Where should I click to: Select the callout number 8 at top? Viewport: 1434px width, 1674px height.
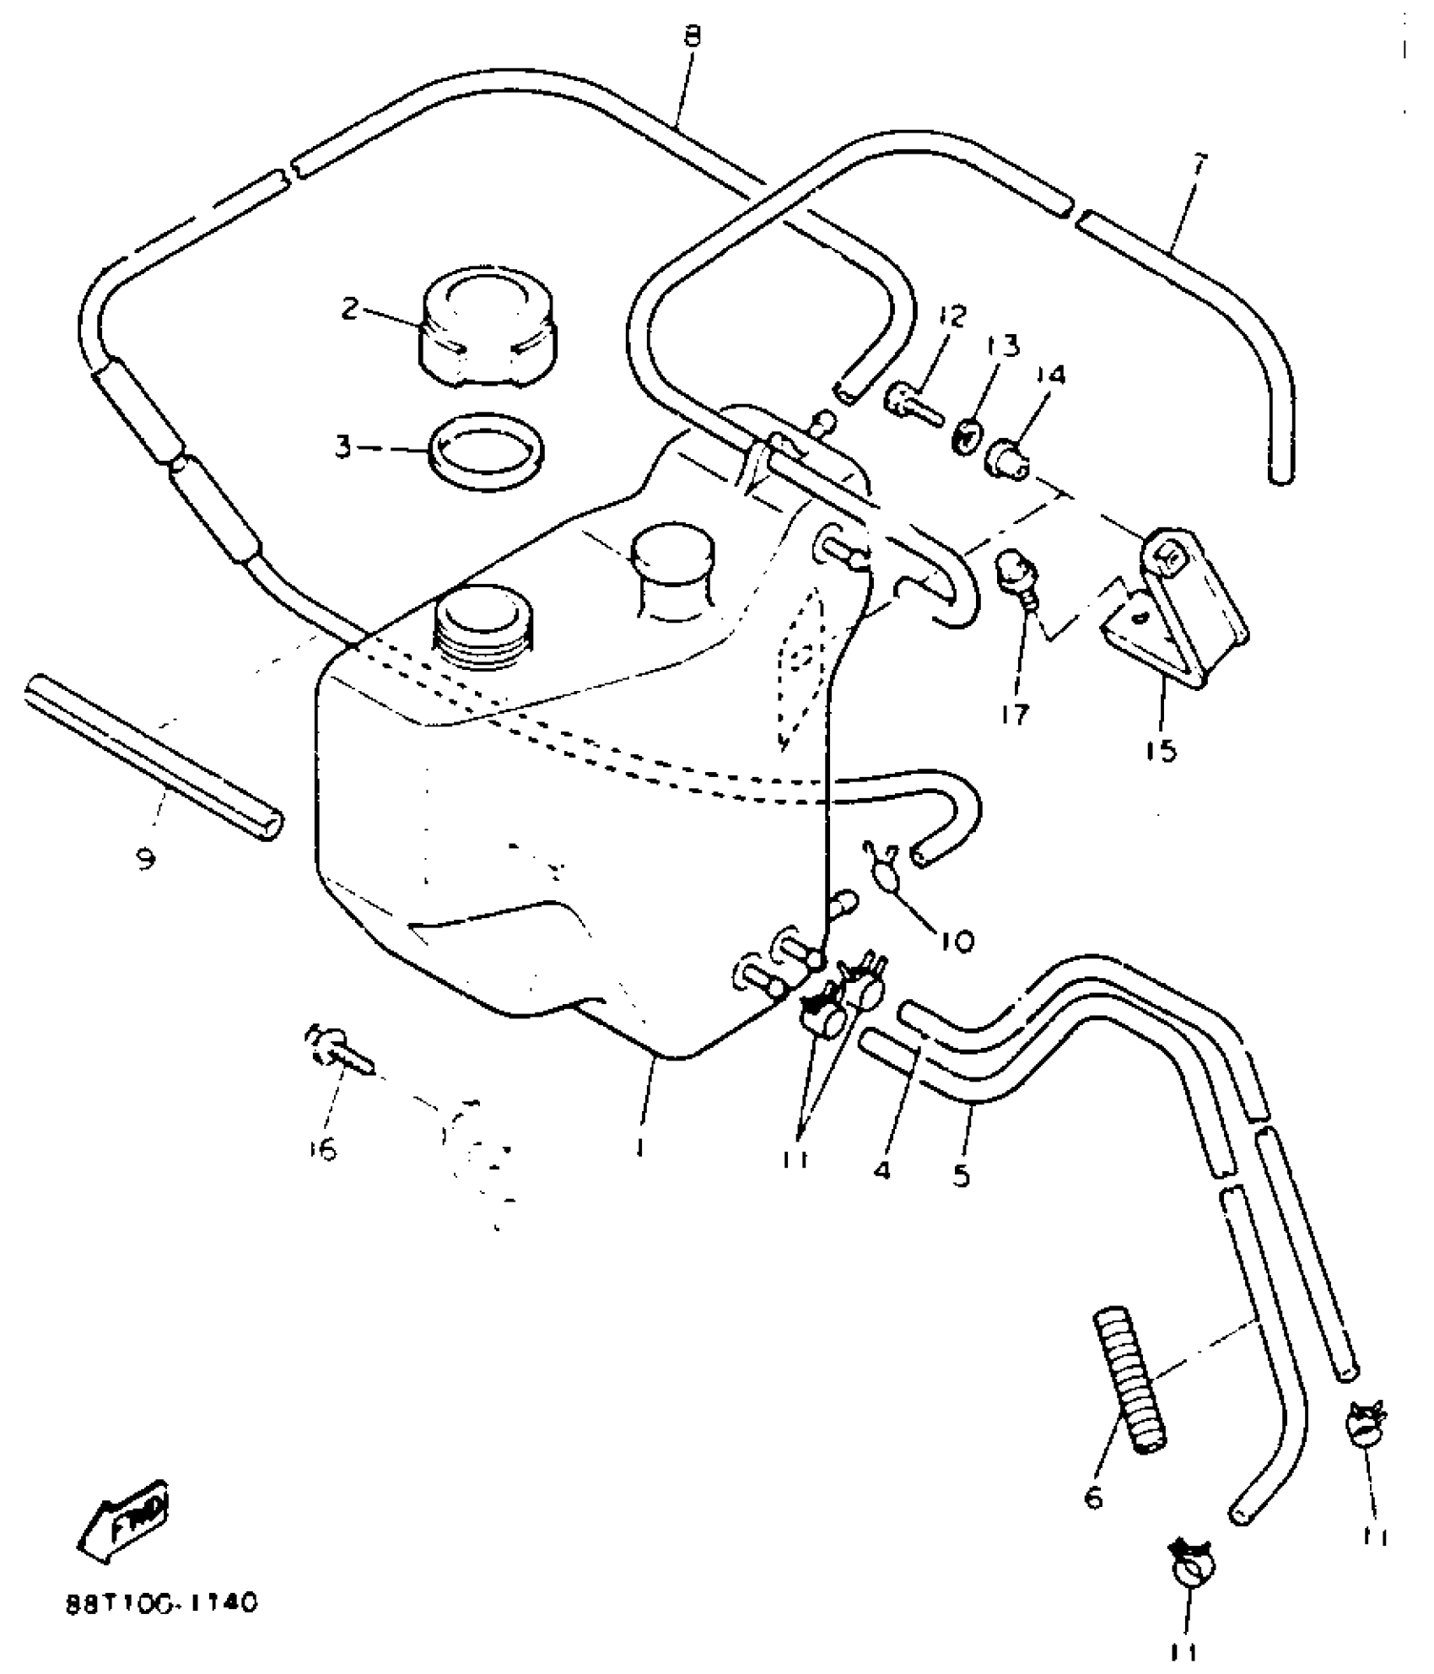pos(693,36)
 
